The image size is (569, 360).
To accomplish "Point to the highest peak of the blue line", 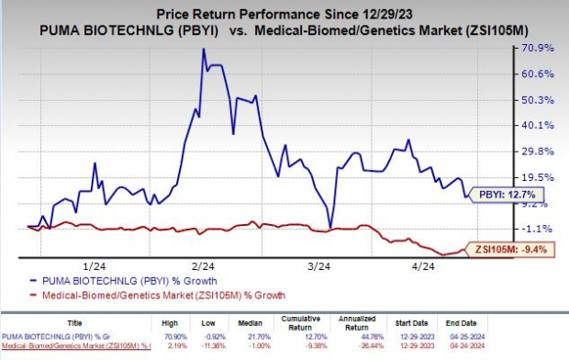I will pos(203,50).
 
